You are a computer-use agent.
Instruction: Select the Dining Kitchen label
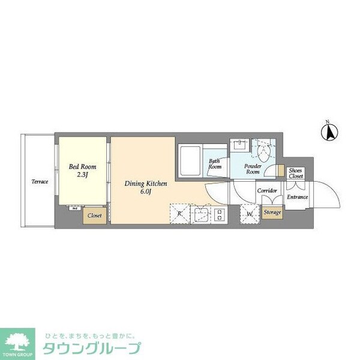146,184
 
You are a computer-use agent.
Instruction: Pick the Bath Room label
215,164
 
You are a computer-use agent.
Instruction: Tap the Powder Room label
252,168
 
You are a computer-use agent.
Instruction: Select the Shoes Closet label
296,173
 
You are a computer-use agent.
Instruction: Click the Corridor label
267,191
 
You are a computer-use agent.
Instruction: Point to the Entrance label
296,197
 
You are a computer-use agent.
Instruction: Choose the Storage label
272,213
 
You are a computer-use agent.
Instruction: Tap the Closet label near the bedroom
95,215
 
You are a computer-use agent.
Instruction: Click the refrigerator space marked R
179,213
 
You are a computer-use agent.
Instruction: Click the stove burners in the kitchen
219,214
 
